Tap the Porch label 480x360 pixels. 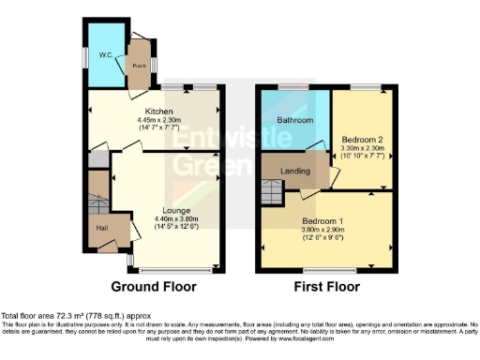(139, 66)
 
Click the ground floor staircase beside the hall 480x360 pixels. (97, 202)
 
